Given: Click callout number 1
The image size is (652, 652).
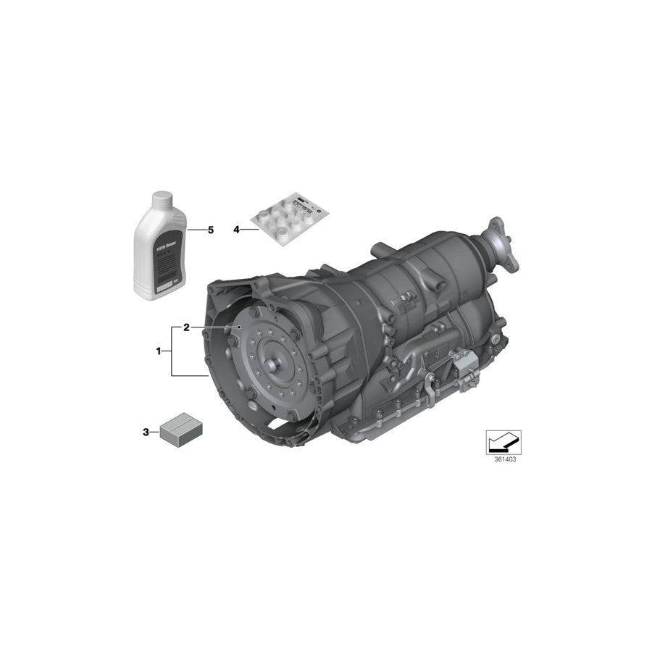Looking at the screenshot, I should (x=158, y=351).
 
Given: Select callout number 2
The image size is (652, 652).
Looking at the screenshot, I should (x=186, y=327).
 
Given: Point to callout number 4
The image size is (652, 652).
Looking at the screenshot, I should (x=236, y=230).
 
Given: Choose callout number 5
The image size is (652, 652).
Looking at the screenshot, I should (x=211, y=230).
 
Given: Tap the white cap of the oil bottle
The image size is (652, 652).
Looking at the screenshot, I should (x=161, y=200).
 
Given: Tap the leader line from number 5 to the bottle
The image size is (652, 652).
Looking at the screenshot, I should (x=196, y=230).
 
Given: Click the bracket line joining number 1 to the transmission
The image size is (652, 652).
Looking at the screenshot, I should (x=172, y=351).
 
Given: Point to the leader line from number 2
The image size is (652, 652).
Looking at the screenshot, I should (x=214, y=327).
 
